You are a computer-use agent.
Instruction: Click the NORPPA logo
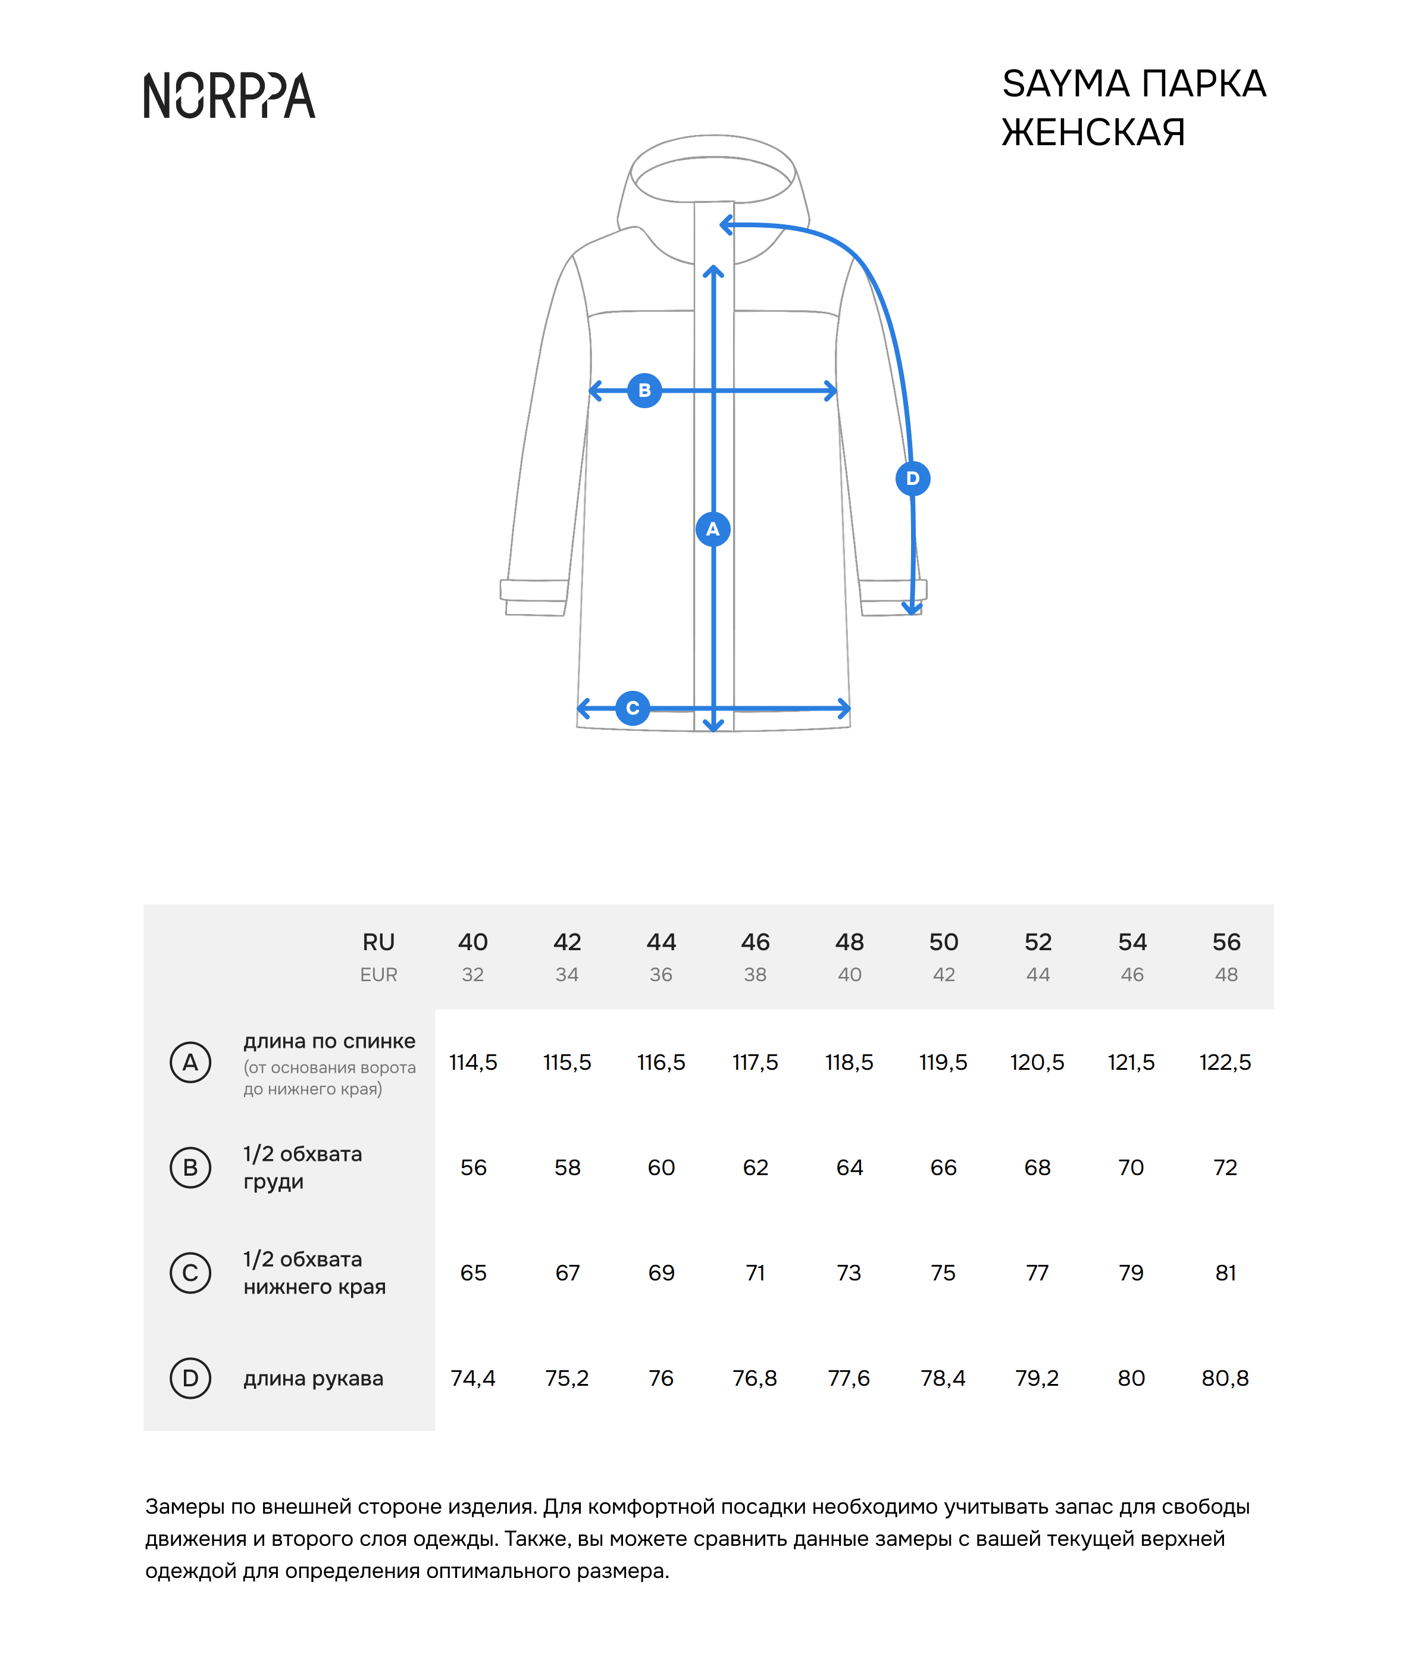pos(229,96)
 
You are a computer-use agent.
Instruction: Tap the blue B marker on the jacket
pos(644,390)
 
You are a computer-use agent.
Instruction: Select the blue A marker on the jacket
pos(713,529)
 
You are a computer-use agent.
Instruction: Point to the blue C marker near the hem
pos(633,708)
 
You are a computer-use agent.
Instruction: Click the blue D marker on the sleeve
pos(912,478)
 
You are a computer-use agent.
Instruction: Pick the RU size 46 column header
pos(755,941)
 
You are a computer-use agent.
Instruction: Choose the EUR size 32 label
pos(472,975)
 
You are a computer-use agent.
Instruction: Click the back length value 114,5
pos(472,1063)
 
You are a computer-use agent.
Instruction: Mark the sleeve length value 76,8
pos(755,1378)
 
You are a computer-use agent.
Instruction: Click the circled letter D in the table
pos(190,1378)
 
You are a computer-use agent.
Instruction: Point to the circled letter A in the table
pos(190,1063)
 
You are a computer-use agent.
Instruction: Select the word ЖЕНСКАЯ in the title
pos(1093,133)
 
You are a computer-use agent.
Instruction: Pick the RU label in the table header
pos(378,941)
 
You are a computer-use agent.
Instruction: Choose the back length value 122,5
pos(1225,1063)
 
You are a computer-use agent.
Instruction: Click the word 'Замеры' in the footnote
pos(184,1507)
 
